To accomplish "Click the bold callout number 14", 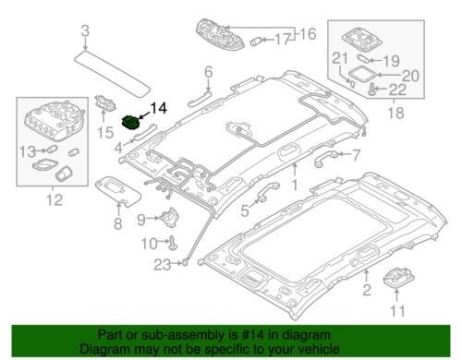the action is [158, 108].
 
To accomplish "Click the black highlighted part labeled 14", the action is [130, 123].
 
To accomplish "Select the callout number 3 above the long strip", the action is [85, 31].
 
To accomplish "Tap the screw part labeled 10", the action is [173, 243].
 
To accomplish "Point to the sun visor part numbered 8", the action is [118, 190].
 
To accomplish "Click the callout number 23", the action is [163, 264].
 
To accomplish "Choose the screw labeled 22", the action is [372, 89].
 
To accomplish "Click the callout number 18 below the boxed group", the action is [395, 113].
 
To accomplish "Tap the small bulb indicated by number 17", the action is [256, 41].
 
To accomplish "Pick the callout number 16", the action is [308, 33].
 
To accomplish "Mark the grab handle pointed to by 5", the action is [267, 191].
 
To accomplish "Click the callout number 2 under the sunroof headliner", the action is [367, 290].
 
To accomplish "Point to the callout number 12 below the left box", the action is [55, 200].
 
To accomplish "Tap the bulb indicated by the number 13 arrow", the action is [52, 150].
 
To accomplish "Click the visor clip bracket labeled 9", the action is [168, 217].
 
